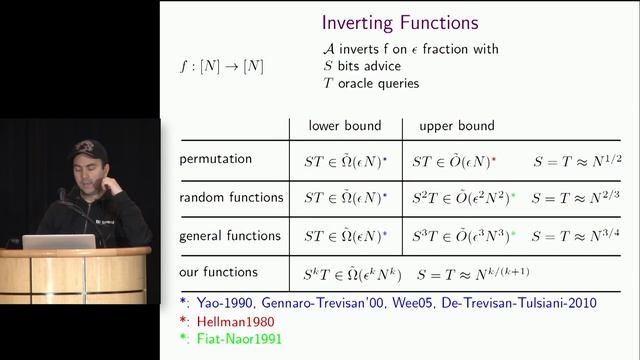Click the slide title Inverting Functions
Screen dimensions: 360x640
[x=399, y=22]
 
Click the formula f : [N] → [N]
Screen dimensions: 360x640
[x=220, y=66]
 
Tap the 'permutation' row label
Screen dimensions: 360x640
[x=215, y=159]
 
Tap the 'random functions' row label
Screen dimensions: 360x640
[x=231, y=197]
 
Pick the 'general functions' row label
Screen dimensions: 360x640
[x=231, y=236]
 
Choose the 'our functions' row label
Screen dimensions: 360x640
[x=218, y=272]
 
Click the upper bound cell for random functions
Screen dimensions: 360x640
[x=463, y=198]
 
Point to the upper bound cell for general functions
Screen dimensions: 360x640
[x=463, y=237]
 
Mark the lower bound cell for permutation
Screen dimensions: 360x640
[x=343, y=160]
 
